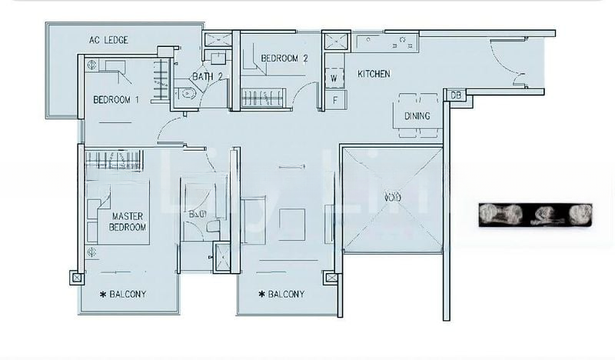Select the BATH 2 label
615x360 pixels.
208,76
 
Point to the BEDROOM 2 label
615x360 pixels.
284,58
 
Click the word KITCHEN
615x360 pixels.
374,74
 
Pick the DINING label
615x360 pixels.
417,116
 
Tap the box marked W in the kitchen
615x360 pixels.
334,78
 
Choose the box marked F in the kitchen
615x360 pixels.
334,99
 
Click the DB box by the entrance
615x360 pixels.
455,95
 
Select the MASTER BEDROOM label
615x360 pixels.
128,222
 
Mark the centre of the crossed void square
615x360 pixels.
392,198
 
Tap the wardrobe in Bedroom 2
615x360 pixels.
264,98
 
